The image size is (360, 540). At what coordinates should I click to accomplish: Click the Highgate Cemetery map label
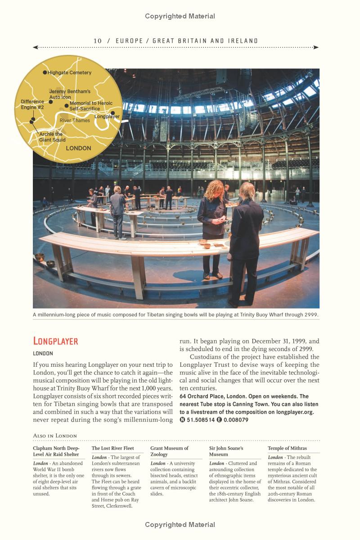(69, 72)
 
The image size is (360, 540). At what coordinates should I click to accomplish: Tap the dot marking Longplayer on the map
(113, 113)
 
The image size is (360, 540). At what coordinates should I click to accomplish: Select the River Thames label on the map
(75, 121)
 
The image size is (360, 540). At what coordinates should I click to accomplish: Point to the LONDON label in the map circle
(78, 148)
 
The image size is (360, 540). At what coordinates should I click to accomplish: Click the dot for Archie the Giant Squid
(32, 121)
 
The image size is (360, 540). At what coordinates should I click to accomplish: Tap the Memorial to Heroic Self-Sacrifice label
(91, 106)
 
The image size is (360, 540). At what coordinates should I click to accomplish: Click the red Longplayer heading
(56, 341)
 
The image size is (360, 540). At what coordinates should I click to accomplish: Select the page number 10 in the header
(98, 41)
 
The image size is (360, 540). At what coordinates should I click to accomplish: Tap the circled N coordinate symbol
(182, 420)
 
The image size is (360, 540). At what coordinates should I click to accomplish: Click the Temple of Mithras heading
(287, 448)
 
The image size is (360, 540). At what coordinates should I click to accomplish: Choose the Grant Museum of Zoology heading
(169, 451)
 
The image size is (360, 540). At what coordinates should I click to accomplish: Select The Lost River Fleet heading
(112, 448)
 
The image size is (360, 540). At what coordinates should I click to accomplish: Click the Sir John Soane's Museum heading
(226, 451)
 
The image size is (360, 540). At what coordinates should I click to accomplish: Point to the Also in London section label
(55, 436)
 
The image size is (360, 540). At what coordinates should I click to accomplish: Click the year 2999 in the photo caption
(311, 315)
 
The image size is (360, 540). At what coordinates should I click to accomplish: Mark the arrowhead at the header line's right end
(317, 47)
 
